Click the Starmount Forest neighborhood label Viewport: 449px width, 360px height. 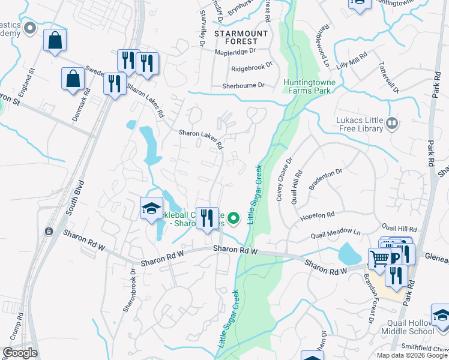236,37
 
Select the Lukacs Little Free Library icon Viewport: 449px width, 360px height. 392,124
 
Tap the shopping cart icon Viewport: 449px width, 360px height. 379,259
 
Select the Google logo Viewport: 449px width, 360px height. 20,352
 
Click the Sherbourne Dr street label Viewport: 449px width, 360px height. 244,85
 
